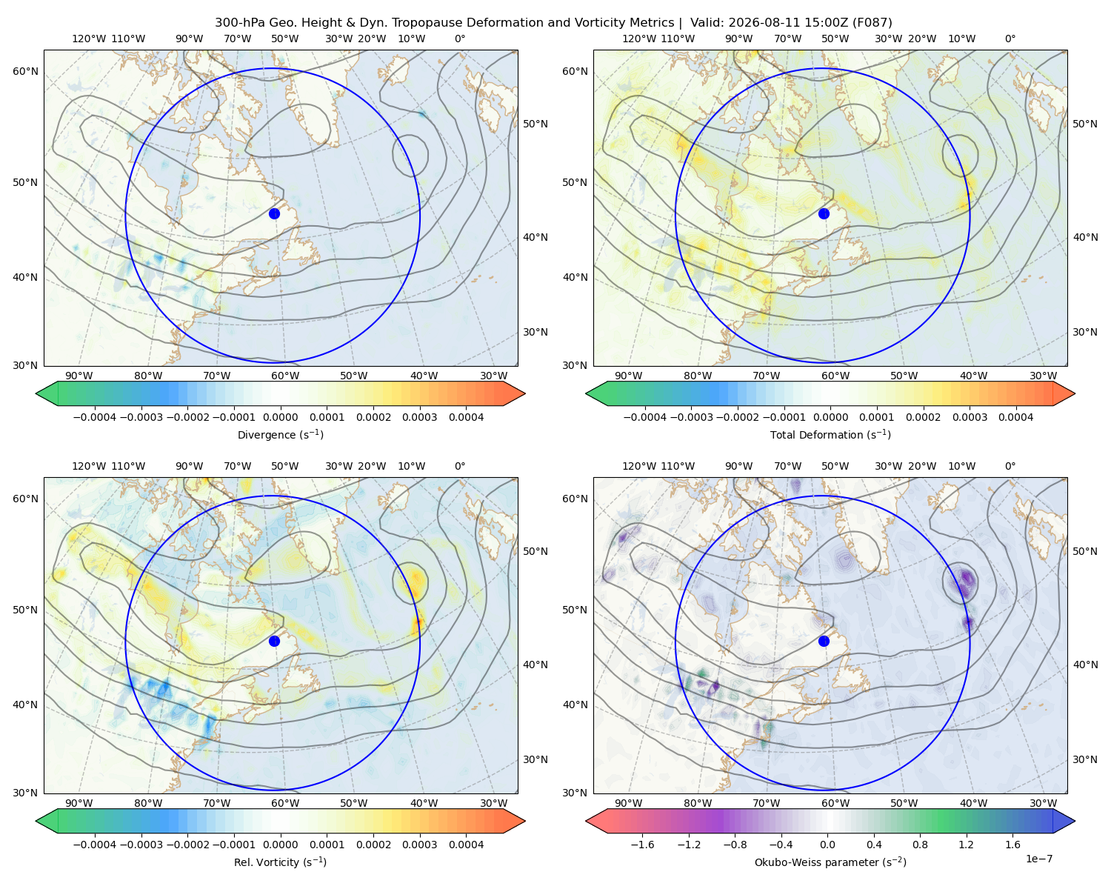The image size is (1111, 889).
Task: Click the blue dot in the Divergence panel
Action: point(274,213)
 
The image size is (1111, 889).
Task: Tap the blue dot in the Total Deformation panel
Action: point(824,213)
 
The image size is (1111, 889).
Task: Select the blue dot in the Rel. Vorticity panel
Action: point(274,641)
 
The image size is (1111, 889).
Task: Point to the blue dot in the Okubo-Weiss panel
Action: point(824,641)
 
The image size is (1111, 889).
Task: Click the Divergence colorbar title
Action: point(280,434)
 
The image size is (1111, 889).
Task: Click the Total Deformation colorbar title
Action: point(830,434)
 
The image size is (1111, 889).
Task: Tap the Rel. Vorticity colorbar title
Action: point(280,862)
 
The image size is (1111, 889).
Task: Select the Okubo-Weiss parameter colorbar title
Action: point(830,862)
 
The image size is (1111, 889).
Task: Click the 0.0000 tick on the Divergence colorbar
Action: point(280,417)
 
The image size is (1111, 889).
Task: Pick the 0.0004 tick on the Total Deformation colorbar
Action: point(1015,417)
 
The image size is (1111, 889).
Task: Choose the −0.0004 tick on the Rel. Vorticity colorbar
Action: point(95,844)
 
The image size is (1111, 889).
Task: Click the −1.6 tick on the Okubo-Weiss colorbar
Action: point(642,844)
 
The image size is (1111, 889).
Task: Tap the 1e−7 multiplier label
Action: point(1038,858)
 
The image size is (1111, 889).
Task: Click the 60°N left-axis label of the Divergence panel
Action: point(25,71)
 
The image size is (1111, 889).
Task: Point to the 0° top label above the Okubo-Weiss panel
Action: point(1010,465)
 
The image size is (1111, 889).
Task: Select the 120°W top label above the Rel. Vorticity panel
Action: point(89,465)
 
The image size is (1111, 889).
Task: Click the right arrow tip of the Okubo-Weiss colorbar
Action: point(1075,820)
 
